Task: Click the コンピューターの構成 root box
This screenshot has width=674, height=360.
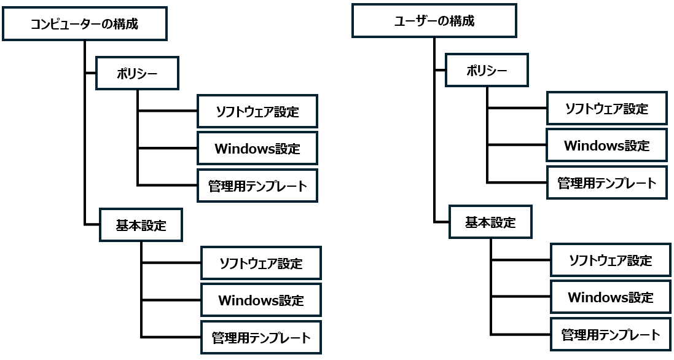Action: (84, 24)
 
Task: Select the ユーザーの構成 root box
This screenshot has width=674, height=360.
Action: (434, 21)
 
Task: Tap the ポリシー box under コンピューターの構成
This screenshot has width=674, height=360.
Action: (137, 74)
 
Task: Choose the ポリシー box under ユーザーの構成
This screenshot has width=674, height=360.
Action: (487, 71)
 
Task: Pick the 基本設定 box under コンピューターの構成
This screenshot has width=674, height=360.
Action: (141, 225)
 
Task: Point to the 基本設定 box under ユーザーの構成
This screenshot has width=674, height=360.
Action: (490, 222)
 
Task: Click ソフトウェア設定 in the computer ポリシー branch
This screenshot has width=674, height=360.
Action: (257, 112)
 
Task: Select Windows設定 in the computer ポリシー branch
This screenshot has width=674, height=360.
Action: (257, 148)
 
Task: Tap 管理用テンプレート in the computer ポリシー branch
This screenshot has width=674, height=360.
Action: (257, 186)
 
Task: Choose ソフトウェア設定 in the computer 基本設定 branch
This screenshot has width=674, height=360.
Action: (261, 264)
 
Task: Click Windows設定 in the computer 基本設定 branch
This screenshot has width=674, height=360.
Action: (261, 300)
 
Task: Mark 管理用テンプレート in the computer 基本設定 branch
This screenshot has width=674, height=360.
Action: (261, 337)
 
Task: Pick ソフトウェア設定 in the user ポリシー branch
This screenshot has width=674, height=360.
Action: (606, 109)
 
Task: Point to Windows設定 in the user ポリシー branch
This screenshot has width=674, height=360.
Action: (606, 146)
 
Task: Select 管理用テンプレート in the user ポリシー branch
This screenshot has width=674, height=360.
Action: (606, 182)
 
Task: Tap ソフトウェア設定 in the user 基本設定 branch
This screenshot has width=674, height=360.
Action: (610, 260)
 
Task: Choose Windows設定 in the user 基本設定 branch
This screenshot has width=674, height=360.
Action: (610, 297)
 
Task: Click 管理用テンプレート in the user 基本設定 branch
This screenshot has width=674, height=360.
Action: (610, 335)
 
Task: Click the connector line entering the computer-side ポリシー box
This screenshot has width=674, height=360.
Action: (91, 72)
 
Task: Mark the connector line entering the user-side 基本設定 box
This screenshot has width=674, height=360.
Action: (441, 222)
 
